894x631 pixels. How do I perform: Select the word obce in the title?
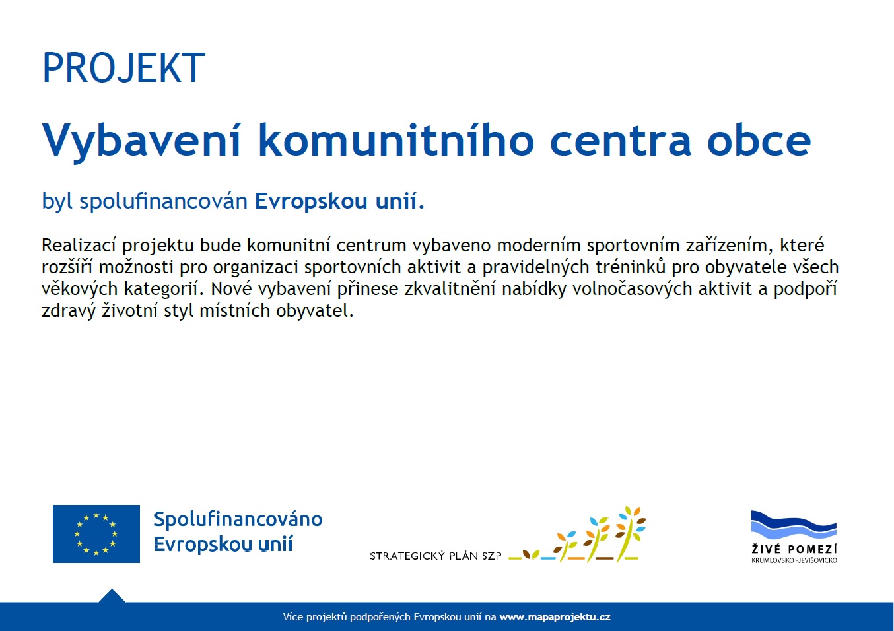pos(759,141)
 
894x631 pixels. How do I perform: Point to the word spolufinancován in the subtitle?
pos(163,201)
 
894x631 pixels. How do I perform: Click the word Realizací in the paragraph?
pos(79,246)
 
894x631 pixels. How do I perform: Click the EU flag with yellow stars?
pos(96,534)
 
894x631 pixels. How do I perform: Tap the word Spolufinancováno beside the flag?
pos(238,519)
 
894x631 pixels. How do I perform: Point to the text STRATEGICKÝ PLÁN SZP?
pos(435,556)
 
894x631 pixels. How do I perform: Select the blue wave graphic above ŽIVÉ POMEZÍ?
pos(794,525)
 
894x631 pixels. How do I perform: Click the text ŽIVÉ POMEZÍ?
pos(794,549)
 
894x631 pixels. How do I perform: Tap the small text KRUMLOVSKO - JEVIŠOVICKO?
pos(794,560)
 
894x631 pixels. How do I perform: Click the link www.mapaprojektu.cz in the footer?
pos(555,617)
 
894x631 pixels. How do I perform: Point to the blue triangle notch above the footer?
pos(112,596)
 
